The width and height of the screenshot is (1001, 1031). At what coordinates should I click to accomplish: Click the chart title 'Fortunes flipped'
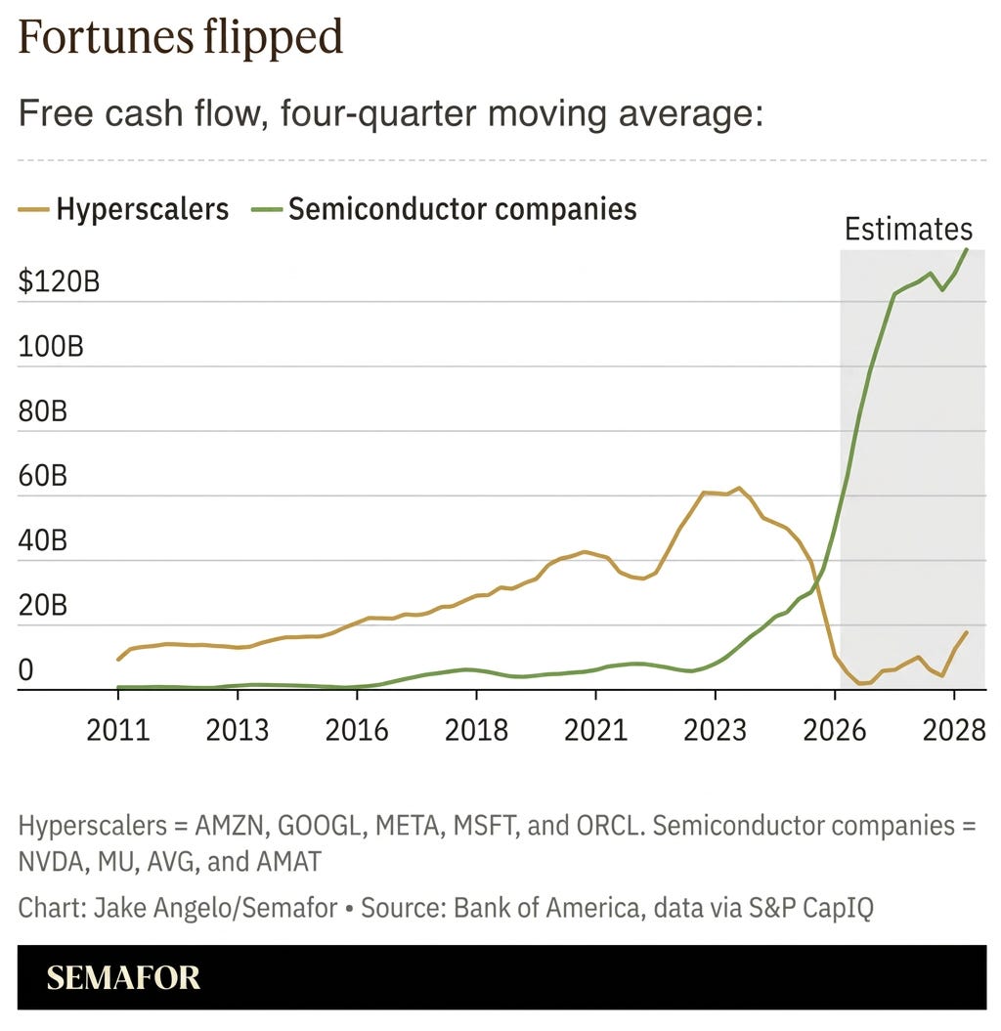pyautogui.click(x=180, y=37)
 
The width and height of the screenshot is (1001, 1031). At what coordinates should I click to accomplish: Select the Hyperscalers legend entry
pyautogui.click(x=123, y=209)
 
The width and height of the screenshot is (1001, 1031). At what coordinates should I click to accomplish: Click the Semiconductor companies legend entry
pyautogui.click(x=444, y=209)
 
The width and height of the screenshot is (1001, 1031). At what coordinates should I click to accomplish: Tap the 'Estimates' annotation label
pyautogui.click(x=908, y=229)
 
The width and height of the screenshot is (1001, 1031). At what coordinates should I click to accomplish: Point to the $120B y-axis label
pyautogui.click(x=60, y=280)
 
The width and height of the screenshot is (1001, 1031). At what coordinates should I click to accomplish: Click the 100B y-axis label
pyautogui.click(x=51, y=346)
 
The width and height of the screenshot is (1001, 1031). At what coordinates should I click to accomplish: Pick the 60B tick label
pyautogui.click(x=43, y=475)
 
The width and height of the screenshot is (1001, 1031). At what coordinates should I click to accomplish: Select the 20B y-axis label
pyautogui.click(x=43, y=605)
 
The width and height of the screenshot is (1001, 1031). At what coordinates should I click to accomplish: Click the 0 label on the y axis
pyautogui.click(x=25, y=670)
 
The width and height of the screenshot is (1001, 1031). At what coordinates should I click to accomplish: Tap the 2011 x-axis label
pyautogui.click(x=118, y=730)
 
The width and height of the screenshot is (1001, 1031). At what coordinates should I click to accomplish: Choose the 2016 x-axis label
pyautogui.click(x=357, y=730)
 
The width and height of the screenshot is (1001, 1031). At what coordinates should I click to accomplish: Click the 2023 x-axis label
pyautogui.click(x=715, y=730)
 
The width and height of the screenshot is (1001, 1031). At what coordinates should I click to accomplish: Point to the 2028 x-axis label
pyautogui.click(x=954, y=730)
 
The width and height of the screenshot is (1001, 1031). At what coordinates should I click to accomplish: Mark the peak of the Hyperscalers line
pyautogui.click(x=739, y=488)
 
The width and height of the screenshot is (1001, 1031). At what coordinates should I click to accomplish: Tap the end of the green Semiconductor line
pyautogui.click(x=967, y=249)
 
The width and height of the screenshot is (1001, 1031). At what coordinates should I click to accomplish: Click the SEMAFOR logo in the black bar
pyautogui.click(x=123, y=978)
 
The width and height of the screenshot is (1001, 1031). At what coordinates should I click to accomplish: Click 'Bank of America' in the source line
pyautogui.click(x=546, y=908)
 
